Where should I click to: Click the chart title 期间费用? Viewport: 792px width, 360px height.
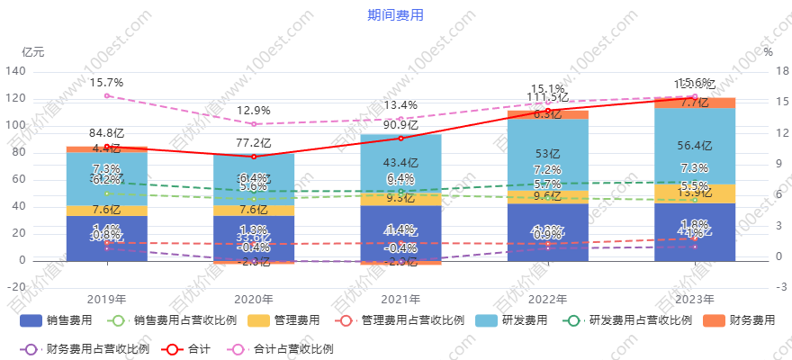[x=395, y=15]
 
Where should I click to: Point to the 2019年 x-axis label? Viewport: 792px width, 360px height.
[x=106, y=300]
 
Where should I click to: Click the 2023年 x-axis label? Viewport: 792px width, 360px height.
[x=694, y=300]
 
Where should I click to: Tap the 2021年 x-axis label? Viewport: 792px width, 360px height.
[x=400, y=300]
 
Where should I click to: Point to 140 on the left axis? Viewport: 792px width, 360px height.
[x=15, y=71]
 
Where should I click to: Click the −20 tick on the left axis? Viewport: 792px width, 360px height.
[x=15, y=287]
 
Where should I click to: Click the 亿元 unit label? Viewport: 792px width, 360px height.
[x=32, y=51]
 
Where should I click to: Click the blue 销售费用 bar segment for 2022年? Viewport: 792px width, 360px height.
[x=547, y=232]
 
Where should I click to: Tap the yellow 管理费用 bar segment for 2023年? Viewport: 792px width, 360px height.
[x=694, y=194]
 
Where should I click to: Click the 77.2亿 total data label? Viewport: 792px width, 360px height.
[x=254, y=143]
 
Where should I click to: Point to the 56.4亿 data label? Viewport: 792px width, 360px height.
[x=694, y=146]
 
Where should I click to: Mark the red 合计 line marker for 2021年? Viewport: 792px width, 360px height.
[x=400, y=138]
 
